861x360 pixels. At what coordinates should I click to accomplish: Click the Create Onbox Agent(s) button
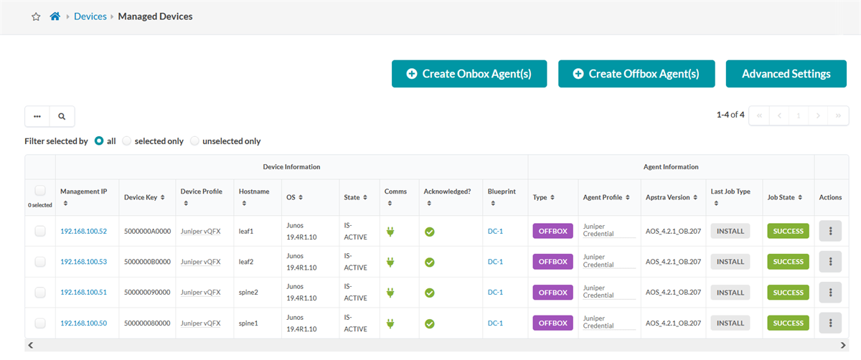469,74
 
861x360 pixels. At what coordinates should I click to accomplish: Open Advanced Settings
786,74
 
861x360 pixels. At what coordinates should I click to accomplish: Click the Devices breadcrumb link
90,16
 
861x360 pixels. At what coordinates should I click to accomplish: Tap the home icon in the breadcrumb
55,16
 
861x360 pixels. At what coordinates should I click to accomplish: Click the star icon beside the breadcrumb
36,16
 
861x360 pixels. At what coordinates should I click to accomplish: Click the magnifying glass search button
62,116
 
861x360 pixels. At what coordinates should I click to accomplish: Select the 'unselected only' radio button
195,141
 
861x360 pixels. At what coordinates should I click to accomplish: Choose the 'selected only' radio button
127,141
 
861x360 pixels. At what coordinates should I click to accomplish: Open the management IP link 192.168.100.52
83,232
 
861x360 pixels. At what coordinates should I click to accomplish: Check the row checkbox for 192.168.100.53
40,262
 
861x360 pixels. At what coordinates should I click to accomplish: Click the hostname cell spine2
248,293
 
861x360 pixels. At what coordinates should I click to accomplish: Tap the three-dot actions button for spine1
830,323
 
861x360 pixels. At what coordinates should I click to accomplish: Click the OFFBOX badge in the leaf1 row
552,231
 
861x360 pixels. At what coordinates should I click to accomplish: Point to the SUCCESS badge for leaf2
788,262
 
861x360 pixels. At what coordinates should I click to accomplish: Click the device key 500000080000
147,323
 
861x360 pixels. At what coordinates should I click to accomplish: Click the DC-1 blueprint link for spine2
495,293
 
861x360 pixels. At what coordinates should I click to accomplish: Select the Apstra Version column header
668,197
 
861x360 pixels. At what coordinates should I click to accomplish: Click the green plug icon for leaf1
390,232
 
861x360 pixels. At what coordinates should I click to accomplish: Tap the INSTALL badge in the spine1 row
730,323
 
